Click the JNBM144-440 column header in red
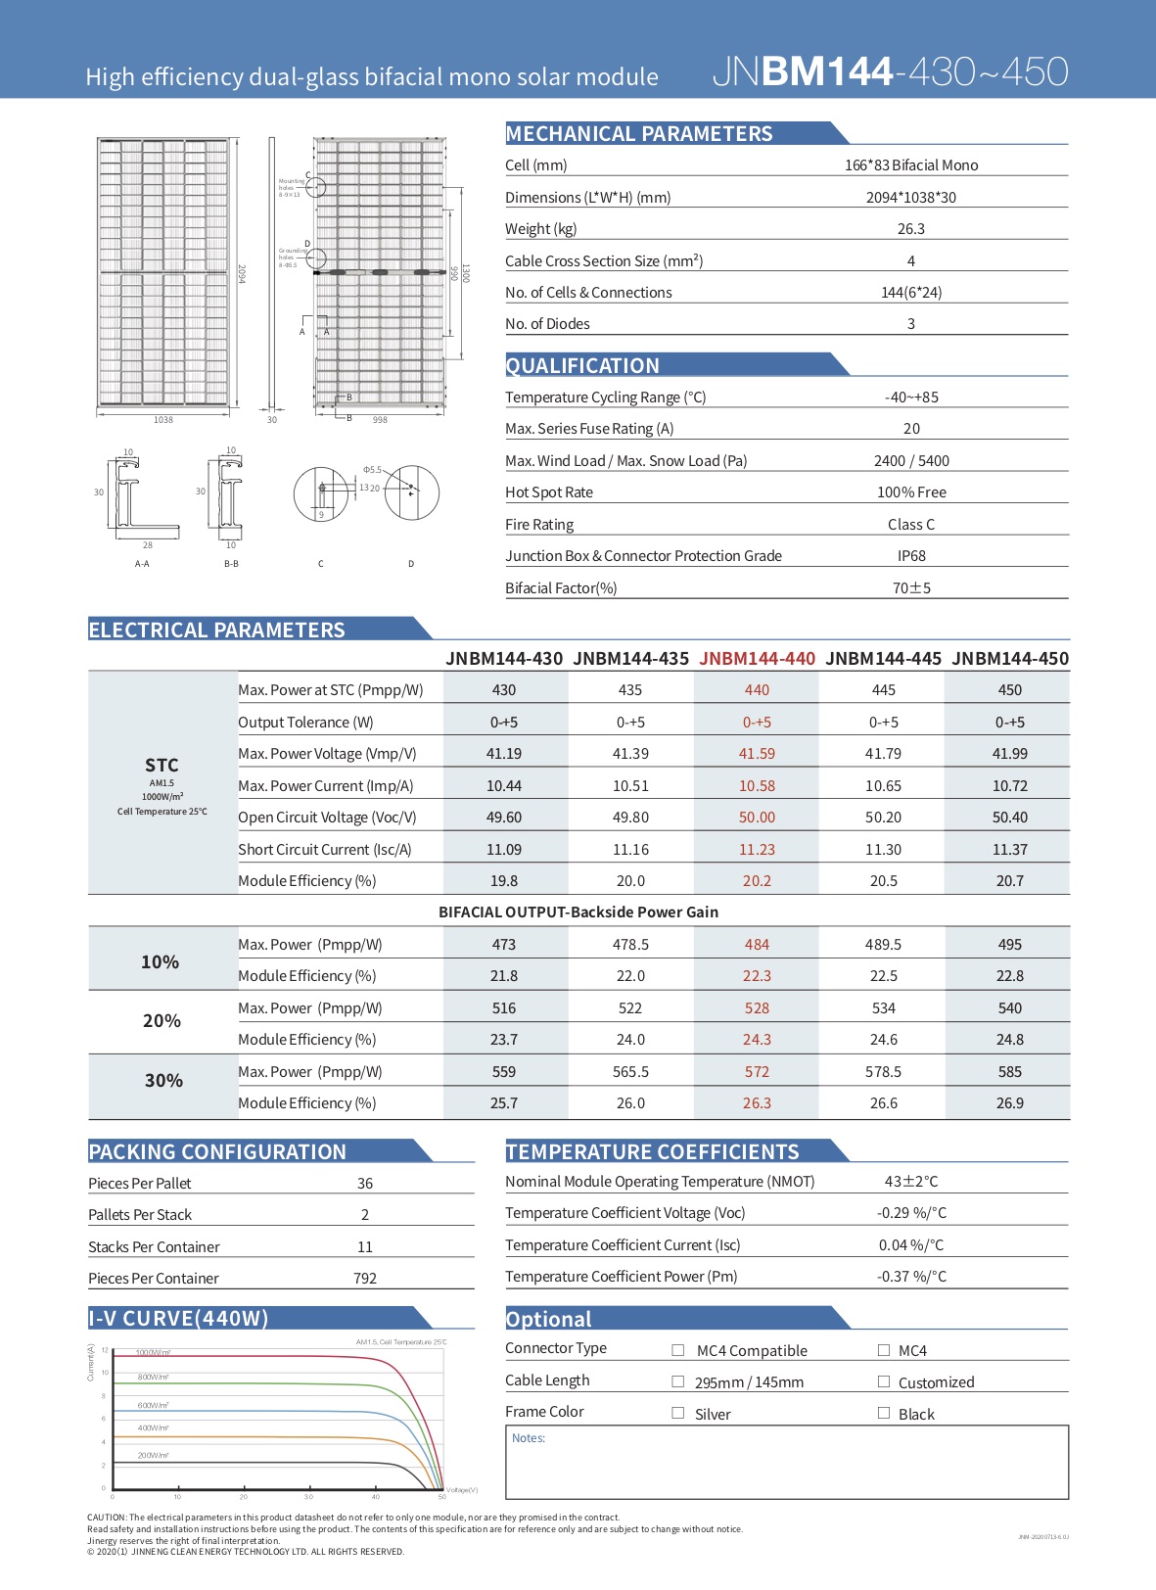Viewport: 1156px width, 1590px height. (757, 659)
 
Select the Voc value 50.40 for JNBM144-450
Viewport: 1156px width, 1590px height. (1009, 818)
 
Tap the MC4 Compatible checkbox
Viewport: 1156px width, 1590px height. (678, 1350)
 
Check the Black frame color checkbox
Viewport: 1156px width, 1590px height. (884, 1413)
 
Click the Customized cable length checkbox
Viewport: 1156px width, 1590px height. (884, 1381)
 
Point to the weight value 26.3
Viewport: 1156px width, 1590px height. (910, 229)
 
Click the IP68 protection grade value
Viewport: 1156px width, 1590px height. (910, 556)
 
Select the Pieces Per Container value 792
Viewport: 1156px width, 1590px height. (364, 1279)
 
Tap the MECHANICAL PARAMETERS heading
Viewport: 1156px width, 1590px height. (639, 134)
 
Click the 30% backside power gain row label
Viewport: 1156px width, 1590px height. (163, 1081)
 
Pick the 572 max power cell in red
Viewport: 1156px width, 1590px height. (757, 1072)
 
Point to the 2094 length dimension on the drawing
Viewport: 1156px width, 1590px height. (242, 275)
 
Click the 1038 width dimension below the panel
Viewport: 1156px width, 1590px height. (163, 420)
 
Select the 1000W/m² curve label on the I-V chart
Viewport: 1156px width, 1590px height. (154, 1352)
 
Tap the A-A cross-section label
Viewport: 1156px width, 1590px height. (142, 564)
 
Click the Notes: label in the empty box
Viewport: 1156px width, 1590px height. (529, 1438)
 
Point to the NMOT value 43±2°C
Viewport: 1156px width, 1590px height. (910, 1182)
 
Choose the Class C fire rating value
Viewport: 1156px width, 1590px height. (910, 525)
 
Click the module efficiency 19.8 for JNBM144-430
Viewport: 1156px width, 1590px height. (504, 881)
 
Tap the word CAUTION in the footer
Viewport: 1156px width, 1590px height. (107, 1518)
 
